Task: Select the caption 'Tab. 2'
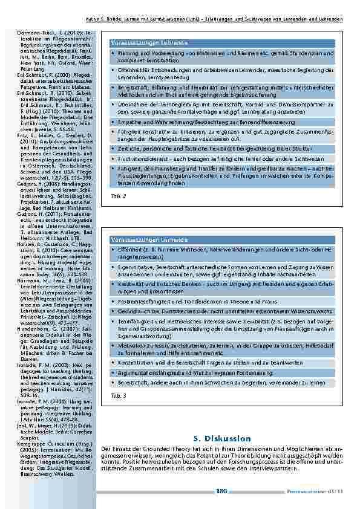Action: pos(118,196)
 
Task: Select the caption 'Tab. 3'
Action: pos(118,395)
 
